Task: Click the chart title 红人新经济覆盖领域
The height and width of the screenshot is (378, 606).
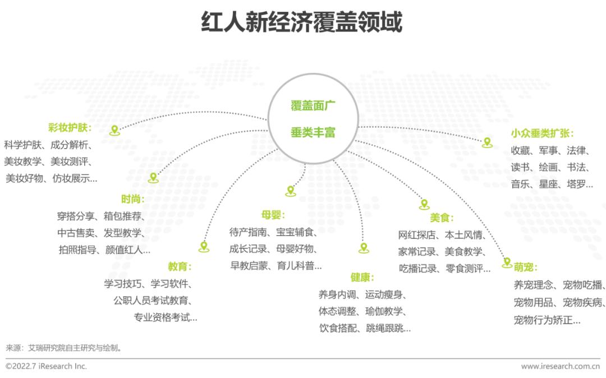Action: (x=302, y=21)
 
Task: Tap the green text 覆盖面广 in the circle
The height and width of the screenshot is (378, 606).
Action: (x=313, y=105)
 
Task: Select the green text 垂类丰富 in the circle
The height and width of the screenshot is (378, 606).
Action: (x=313, y=132)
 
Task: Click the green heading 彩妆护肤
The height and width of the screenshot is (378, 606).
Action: (x=70, y=128)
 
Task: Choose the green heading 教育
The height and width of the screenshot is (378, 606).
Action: (x=180, y=266)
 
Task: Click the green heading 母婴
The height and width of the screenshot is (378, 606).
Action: (x=273, y=215)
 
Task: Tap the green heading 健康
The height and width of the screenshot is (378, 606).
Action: (x=362, y=277)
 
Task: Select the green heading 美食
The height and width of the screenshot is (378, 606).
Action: (x=442, y=218)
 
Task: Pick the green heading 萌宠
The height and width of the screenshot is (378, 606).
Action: (x=525, y=267)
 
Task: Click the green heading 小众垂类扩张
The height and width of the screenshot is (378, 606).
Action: (x=542, y=133)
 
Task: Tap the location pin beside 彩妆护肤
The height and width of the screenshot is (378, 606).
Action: (x=114, y=130)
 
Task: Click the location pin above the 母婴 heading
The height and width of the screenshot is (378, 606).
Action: (x=291, y=191)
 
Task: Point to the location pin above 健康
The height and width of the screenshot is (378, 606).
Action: (x=364, y=247)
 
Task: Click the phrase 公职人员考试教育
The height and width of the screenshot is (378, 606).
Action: (x=151, y=300)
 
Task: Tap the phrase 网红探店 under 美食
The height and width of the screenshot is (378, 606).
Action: (x=416, y=235)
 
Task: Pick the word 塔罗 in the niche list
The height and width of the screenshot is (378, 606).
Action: (x=576, y=184)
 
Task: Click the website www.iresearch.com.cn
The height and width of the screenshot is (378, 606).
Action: (x=561, y=366)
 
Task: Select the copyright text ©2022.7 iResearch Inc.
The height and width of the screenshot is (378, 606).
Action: (x=47, y=366)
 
